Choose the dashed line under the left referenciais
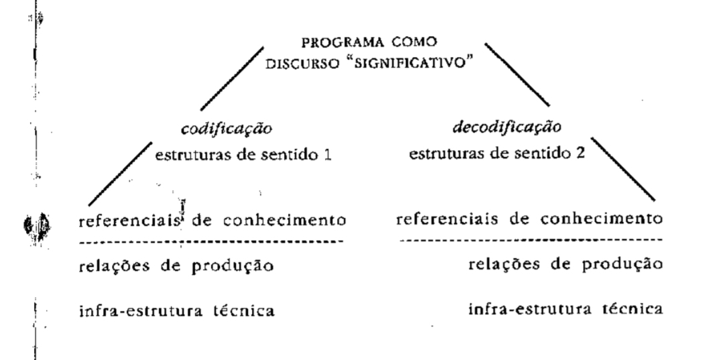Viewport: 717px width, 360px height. tap(214, 240)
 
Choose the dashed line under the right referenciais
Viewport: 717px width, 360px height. tap(529, 239)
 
